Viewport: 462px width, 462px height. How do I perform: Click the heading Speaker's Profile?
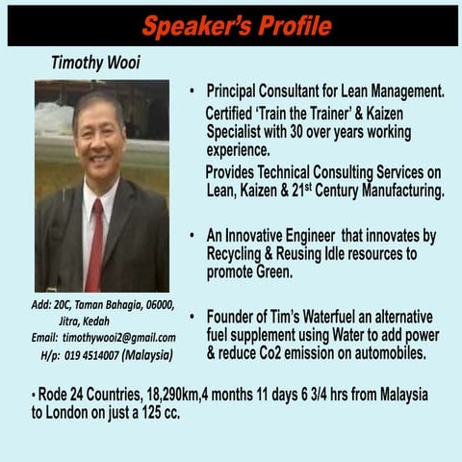point(236,26)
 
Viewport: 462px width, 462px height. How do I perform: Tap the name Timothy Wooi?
point(94,63)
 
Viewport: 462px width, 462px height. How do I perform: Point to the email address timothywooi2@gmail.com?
point(118,338)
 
